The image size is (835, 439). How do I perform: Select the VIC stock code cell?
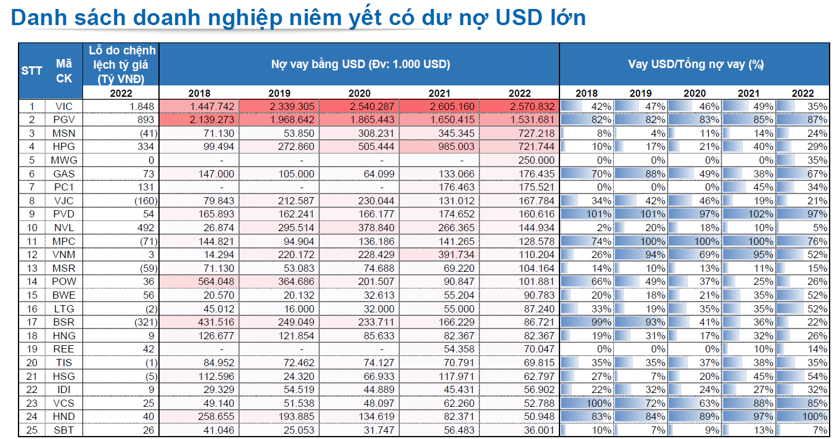[x=63, y=106]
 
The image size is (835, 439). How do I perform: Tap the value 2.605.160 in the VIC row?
[x=452, y=106]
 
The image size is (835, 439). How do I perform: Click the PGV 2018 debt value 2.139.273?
[x=213, y=119]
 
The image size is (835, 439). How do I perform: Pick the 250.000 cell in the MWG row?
[x=534, y=160]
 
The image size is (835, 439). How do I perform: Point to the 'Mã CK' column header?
[x=63, y=70]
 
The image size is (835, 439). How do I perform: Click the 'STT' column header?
[x=32, y=70]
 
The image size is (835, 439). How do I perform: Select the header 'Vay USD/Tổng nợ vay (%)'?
[x=696, y=64]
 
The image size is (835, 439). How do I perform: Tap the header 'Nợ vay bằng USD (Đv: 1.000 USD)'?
[x=360, y=64]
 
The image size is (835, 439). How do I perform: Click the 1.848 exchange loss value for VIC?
[x=143, y=106]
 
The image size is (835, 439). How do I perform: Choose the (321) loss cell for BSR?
[x=144, y=322]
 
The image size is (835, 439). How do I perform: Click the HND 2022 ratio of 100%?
[x=815, y=416]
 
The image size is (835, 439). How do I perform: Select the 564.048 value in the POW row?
[x=213, y=281]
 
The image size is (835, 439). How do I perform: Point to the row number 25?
[x=32, y=430]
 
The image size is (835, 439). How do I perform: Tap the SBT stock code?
[x=63, y=430]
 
